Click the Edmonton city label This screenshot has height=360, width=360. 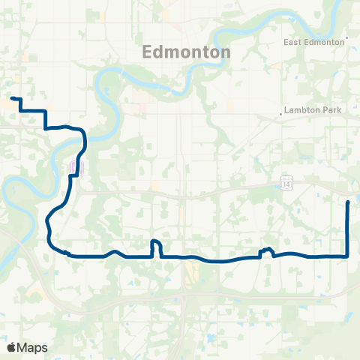click(186, 52)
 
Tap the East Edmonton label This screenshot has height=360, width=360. click(314, 43)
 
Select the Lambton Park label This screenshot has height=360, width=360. click(313, 111)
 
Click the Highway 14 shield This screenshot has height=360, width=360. click(286, 183)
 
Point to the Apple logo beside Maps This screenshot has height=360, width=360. click(11, 347)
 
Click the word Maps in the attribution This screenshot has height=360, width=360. click(32, 347)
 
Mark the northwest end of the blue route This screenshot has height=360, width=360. click(12, 98)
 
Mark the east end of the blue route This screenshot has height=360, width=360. click(349, 202)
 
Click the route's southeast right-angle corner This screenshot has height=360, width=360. click(348, 256)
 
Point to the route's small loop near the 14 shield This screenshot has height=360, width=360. click(265, 250)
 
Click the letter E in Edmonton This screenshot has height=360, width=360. click(147, 52)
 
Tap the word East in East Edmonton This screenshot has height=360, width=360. click(293, 43)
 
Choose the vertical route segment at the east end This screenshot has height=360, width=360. click(349, 229)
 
